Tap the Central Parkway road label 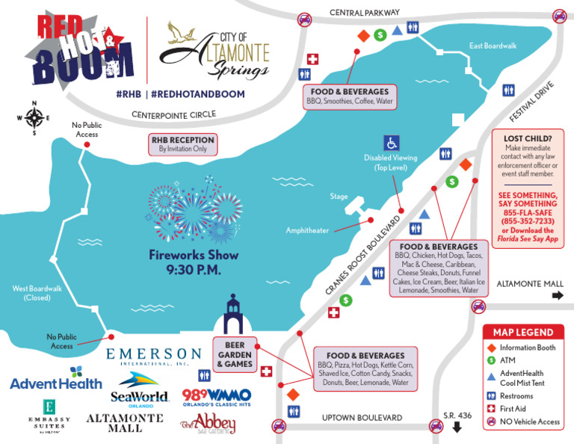tap(365, 13)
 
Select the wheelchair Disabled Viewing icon tap(392, 143)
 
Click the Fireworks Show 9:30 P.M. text tap(194, 262)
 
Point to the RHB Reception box tap(182, 144)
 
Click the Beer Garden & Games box tap(235, 354)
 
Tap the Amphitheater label tap(307, 231)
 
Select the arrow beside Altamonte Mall tap(558, 295)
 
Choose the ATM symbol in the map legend tap(491, 360)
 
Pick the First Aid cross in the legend tap(491, 409)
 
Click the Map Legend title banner tap(522, 333)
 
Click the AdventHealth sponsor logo tap(55, 380)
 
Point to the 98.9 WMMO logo tap(217, 396)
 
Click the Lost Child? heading tap(528, 138)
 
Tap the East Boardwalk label tap(493, 46)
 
